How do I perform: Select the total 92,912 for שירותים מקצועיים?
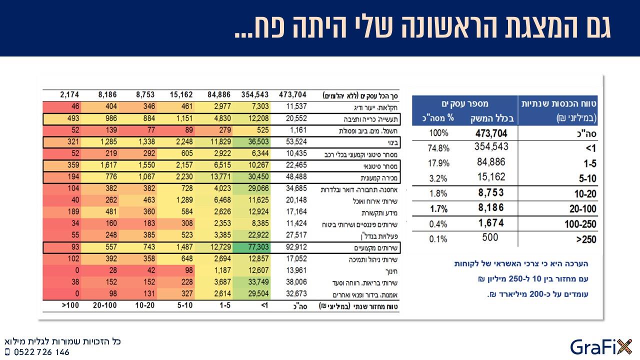[x=296, y=247]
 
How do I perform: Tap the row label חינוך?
[x=391, y=271]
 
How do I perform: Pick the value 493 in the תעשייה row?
[x=73, y=118]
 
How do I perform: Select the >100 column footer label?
[x=70, y=305]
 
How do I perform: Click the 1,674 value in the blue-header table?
[x=491, y=223]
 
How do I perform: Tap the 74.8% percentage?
[x=438, y=148]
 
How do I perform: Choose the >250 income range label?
[x=586, y=239]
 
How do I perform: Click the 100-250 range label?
[x=580, y=224]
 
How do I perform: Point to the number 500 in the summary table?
[x=490, y=237]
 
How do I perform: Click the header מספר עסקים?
[x=465, y=103]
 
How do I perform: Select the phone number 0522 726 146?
[x=41, y=352]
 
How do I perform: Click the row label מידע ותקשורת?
[x=379, y=213]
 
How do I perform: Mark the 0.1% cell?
[x=438, y=239]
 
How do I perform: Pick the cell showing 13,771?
[x=220, y=176]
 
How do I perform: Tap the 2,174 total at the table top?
[x=69, y=94]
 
